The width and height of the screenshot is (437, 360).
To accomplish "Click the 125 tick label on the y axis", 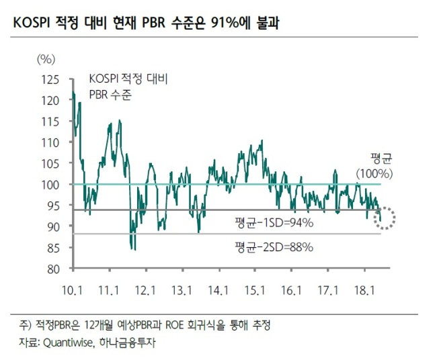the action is [50, 80].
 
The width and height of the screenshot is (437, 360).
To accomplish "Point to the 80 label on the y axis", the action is [53, 269].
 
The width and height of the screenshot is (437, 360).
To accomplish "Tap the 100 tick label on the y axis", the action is [50, 185].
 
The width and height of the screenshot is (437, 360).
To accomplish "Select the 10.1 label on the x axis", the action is [72, 290].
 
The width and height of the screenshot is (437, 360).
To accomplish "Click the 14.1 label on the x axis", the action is [218, 290].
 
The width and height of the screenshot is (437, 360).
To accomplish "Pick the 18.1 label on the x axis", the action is [364, 290].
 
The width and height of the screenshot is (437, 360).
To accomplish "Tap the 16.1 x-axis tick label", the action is [291, 290].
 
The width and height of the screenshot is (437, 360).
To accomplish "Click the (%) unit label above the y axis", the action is [46, 59].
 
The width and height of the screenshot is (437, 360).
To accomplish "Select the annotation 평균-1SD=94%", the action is [274, 223].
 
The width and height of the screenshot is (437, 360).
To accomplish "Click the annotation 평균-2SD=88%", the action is [274, 247].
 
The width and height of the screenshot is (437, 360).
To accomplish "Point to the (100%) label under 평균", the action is [374, 174].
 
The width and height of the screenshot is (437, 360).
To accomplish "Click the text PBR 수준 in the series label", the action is [110, 95].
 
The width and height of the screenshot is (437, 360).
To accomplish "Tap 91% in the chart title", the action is [225, 23].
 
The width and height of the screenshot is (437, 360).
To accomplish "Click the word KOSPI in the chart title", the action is [31, 23].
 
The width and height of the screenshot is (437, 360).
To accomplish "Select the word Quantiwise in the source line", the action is [67, 343].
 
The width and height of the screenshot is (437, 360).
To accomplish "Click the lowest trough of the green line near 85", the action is [135, 250].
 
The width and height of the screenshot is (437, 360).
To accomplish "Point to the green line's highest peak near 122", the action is [73, 91].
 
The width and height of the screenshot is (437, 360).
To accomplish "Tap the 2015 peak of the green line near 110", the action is [262, 140].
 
